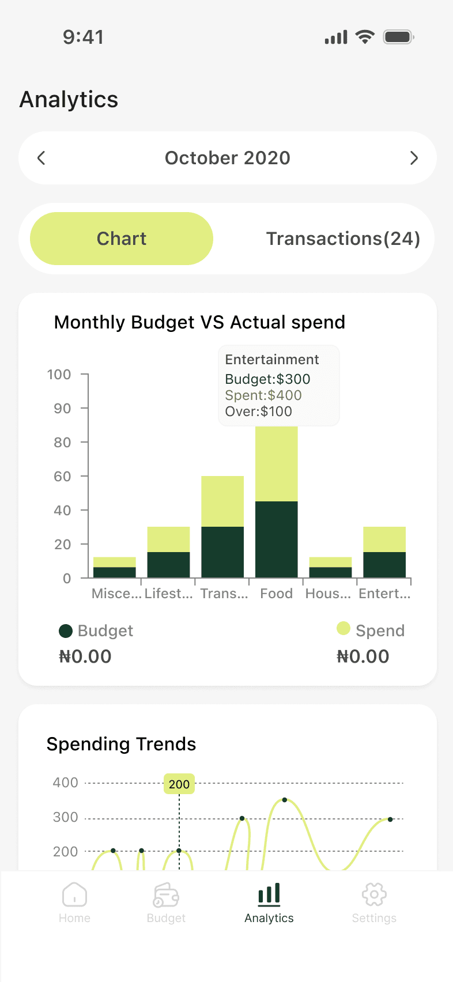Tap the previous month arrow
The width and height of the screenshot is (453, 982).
pos(41,158)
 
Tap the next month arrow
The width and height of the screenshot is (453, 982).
pos(414,158)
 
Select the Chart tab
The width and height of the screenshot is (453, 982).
pos(122,239)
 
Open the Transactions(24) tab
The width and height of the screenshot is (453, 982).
pos(343,239)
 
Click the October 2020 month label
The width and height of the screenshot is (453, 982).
pos(228,158)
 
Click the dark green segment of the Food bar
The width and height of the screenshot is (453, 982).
pos(277,539)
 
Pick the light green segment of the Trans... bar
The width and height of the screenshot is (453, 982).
pos(222,501)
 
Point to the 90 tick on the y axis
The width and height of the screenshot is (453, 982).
pos(62,409)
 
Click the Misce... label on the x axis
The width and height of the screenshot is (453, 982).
pos(116,594)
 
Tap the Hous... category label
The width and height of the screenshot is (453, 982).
pos(328,594)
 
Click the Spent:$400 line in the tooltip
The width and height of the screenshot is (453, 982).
pos(263,395)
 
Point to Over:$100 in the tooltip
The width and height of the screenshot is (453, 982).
pos(258,411)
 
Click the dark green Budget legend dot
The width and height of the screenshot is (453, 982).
pos(66,631)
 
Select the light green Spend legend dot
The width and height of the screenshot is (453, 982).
pos(343,628)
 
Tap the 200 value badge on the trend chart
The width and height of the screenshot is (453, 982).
pos(179,784)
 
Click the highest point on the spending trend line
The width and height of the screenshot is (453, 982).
pos(285,800)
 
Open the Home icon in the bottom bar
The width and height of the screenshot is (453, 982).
pos(74,895)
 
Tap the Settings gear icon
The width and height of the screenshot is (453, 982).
pos(374,895)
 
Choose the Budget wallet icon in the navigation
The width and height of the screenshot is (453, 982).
pos(166,895)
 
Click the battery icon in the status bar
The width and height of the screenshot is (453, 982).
pos(398,37)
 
